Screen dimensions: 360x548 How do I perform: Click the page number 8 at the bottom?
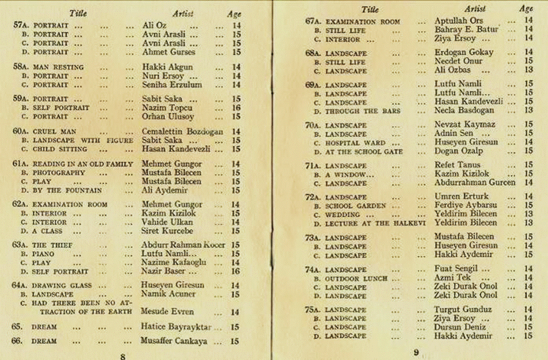click(x=123, y=356)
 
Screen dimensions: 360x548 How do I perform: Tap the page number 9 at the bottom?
click(x=416, y=352)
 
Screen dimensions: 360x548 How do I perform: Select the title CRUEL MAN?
click(x=55, y=131)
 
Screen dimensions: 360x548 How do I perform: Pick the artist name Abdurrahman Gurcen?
click(x=474, y=183)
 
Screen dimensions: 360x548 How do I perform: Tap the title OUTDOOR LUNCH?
click(x=356, y=278)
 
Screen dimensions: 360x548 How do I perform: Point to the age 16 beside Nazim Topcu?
click(x=236, y=108)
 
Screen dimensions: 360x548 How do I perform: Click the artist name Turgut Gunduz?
click(x=463, y=310)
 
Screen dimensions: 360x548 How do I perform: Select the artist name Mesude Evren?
click(x=167, y=312)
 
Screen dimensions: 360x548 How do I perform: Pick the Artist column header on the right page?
click(x=474, y=9)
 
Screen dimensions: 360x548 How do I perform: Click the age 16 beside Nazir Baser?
click(x=236, y=272)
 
